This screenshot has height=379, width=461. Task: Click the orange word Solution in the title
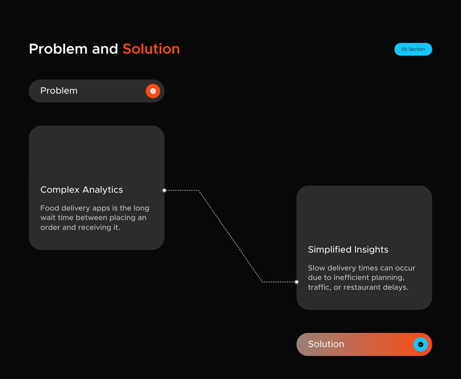tap(151, 49)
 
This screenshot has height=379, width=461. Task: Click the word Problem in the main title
tap(58, 49)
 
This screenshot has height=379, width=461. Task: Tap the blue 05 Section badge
tap(413, 49)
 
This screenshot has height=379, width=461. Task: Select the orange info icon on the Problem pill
tap(153, 91)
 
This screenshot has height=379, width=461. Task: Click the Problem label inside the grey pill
tap(59, 91)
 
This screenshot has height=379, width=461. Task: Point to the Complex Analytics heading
tap(82, 189)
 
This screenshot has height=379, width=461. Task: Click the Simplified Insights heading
tap(348, 250)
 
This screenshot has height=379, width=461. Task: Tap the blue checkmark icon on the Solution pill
tap(420, 344)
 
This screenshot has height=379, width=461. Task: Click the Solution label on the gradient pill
tap(326, 344)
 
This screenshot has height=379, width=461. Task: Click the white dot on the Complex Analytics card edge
tap(164, 190)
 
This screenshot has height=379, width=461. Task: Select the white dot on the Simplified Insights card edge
tap(297, 282)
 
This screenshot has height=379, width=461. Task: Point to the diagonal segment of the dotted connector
tap(230, 236)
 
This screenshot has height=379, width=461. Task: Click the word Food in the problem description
tap(50, 208)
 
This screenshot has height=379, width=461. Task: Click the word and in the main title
tap(105, 49)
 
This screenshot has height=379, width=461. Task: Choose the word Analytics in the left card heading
tap(103, 190)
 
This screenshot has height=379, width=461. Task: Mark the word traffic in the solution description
tap(319, 288)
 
